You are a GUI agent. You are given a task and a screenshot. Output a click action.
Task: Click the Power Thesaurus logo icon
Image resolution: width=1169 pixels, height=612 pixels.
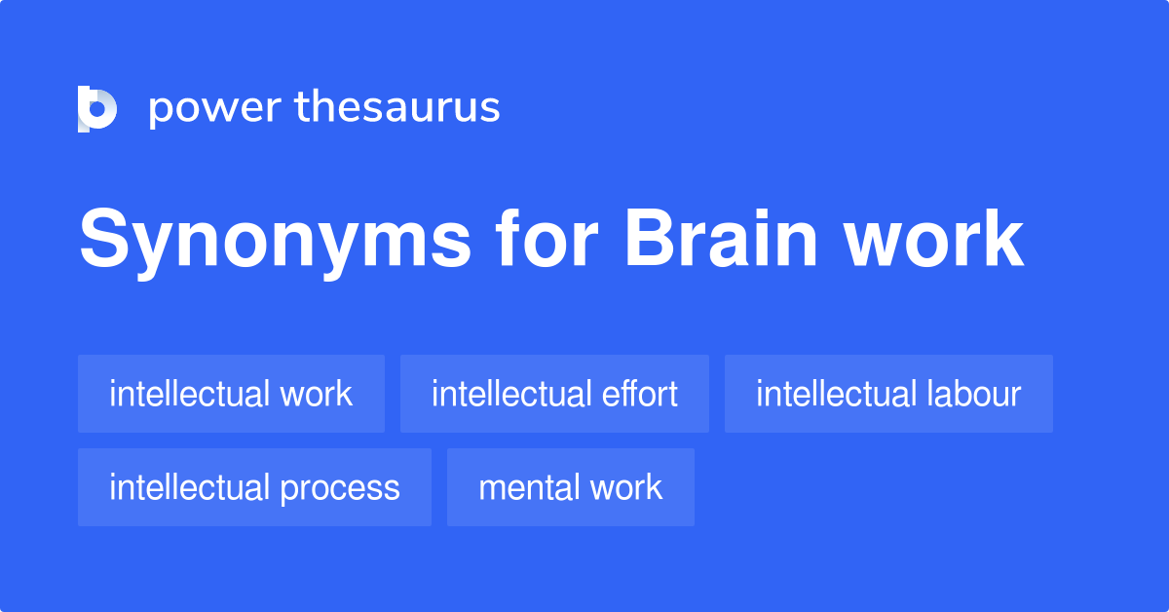pyautogui.click(x=96, y=108)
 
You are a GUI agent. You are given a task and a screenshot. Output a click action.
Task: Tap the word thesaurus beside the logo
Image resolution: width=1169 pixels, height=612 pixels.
pyautogui.click(x=397, y=108)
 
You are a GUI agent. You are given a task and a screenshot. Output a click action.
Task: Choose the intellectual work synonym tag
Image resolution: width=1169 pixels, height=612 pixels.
pyautogui.click(x=231, y=394)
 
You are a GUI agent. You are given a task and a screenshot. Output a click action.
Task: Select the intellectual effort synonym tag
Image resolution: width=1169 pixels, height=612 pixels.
pyautogui.click(x=554, y=394)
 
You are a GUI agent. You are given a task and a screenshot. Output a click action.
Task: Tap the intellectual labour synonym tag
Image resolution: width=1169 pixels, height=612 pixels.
pyautogui.click(x=888, y=394)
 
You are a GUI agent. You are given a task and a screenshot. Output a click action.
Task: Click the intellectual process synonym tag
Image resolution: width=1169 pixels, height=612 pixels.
pyautogui.click(x=254, y=487)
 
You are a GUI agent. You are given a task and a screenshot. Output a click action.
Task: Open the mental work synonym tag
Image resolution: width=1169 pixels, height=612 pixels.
pyautogui.click(x=570, y=487)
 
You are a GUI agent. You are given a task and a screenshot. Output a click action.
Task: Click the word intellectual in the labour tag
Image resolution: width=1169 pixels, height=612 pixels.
pyautogui.click(x=836, y=394)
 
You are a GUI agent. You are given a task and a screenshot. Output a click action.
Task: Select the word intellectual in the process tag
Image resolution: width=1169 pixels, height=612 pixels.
pyautogui.click(x=189, y=487)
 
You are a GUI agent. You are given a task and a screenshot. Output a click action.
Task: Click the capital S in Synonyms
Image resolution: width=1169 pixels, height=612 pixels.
pyautogui.click(x=102, y=240)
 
